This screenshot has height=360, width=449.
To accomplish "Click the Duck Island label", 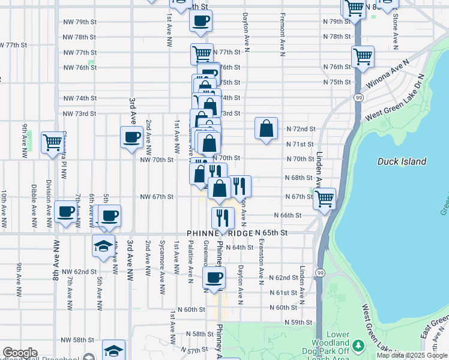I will pos(402,161).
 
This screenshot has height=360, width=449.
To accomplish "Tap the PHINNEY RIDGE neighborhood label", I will pos(219,233).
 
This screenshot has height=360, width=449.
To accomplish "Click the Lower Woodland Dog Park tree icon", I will pos(358,346).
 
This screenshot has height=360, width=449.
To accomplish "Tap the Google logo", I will pos(20,353).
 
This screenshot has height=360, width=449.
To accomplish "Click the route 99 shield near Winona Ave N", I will pos(358,97).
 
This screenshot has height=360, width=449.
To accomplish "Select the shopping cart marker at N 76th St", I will pos(363,58).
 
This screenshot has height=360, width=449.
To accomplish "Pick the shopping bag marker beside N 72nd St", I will pos(266,128).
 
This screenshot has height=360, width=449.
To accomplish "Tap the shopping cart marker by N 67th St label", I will pos(325,199).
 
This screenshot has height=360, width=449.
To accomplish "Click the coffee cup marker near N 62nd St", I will pos(214,277).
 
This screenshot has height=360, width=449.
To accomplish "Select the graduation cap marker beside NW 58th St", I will pos(113,350).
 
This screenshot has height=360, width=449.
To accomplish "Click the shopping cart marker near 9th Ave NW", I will pos(52,143).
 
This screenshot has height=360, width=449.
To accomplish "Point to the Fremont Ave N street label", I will pos(282,32).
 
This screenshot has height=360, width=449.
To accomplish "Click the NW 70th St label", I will pos(157,160).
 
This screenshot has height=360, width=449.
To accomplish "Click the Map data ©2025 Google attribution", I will pos(411,355).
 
